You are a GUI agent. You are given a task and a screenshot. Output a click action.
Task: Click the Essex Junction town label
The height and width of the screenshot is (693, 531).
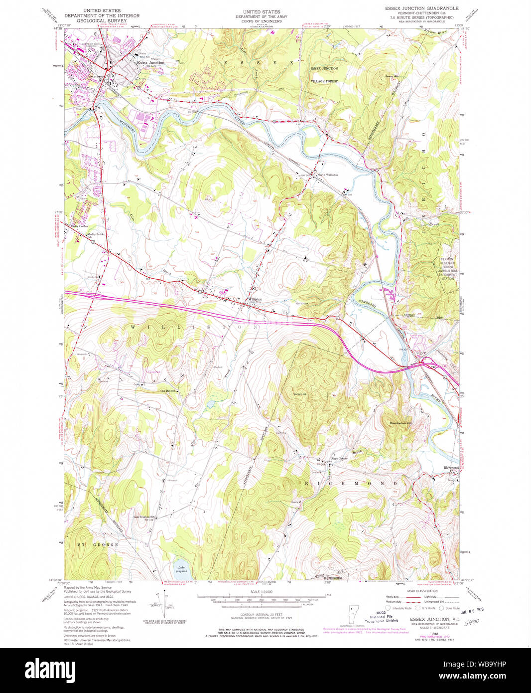[x=150, y=63]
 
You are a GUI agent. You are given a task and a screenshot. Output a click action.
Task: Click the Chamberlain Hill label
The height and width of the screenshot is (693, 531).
[x=401, y=423]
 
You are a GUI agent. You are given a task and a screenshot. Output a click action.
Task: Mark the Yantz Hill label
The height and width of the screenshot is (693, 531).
[x=299, y=394]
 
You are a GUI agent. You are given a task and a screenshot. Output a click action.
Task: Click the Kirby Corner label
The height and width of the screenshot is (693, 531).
[x=79, y=226]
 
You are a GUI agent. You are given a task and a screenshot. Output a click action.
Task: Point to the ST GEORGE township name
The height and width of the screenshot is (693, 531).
[x=98, y=545]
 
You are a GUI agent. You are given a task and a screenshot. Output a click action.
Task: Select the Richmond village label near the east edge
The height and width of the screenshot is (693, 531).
[x=451, y=468]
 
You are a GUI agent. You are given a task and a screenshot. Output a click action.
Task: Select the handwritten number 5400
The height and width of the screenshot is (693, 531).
[x=471, y=622]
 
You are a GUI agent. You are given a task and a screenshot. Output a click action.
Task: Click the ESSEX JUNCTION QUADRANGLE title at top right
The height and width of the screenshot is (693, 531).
[x=421, y=8]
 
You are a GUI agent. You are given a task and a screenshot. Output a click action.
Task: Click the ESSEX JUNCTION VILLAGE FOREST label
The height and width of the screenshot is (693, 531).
[x=324, y=74]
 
